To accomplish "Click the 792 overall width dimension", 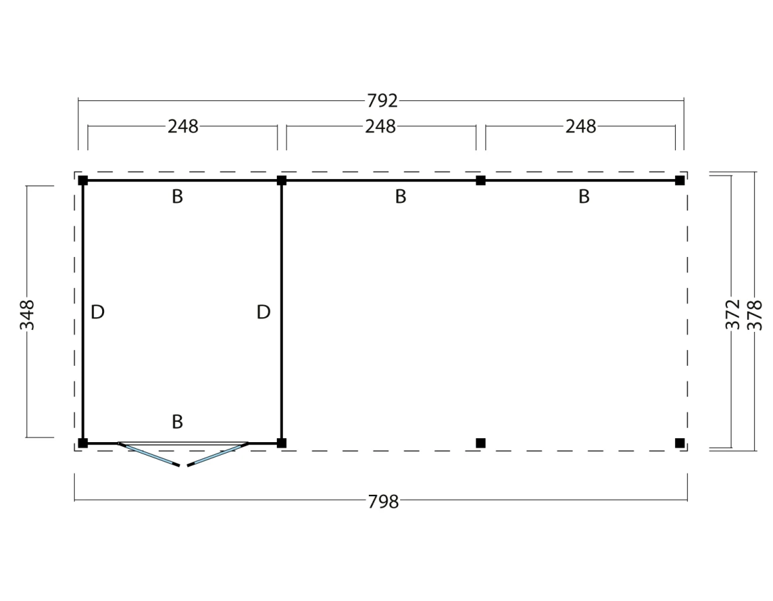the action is (382, 101).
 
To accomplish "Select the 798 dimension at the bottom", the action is (383, 502).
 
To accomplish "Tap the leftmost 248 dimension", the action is (183, 126).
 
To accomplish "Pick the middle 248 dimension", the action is (380, 126).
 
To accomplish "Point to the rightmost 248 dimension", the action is (581, 126).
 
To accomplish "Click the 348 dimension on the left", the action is (27, 315).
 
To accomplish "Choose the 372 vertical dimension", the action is (733, 314).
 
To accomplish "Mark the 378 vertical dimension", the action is (755, 315).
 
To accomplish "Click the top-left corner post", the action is (83, 180).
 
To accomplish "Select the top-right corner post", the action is (680, 180).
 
